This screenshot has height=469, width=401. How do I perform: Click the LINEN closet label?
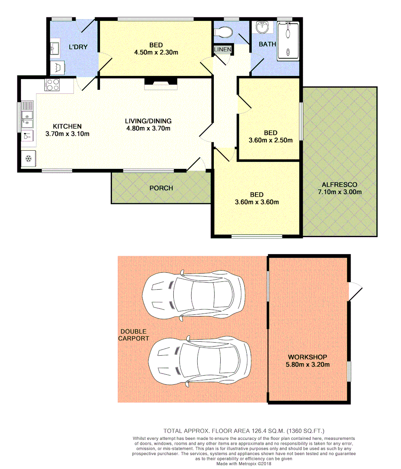pyautogui.click(x=223, y=50)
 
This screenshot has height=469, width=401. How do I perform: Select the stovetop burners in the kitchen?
pyautogui.click(x=53, y=85)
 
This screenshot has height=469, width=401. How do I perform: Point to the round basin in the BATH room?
pyautogui.click(x=263, y=28)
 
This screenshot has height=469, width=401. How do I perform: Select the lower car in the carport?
pyautogui.click(x=199, y=360)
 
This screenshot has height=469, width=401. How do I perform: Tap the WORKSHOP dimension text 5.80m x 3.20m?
pyautogui.click(x=308, y=364)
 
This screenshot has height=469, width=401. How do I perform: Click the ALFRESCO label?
pyautogui.click(x=340, y=185)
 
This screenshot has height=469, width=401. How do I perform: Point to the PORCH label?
pyautogui.click(x=161, y=188)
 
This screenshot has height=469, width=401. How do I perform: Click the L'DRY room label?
pyautogui.click(x=78, y=47)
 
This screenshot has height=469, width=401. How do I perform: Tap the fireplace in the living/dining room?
pyautogui.click(x=161, y=83)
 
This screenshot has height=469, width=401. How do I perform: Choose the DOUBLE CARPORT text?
pyautogui.click(x=134, y=335)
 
